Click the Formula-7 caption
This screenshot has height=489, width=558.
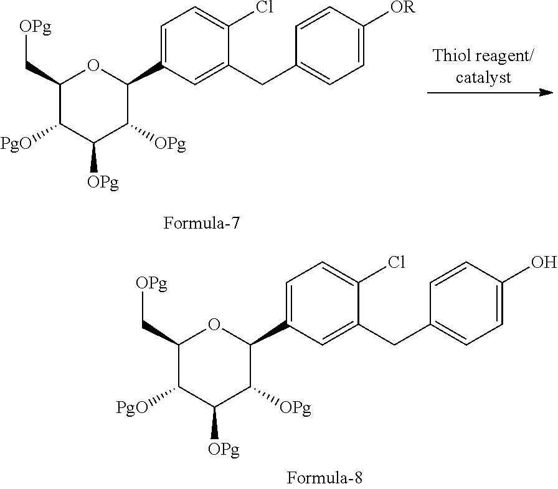(x=201, y=223)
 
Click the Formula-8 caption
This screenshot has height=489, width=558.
(x=324, y=478)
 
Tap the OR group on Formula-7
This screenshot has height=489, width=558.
(x=402, y=7)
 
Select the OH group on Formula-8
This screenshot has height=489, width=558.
(x=544, y=262)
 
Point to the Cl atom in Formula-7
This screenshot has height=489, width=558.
(x=265, y=7)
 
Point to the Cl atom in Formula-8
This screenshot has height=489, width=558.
(x=396, y=262)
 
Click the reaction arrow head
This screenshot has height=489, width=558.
(x=546, y=93)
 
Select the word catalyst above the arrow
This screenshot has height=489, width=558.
(x=483, y=77)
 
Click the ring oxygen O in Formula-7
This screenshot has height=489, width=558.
(x=93, y=65)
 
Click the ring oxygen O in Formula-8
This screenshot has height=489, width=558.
(x=214, y=325)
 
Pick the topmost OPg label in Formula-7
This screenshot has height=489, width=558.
(x=35, y=27)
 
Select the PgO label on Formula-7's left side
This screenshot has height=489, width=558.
(x=16, y=143)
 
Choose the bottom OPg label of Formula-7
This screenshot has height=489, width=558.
(x=103, y=182)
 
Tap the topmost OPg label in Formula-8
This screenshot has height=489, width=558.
(x=151, y=283)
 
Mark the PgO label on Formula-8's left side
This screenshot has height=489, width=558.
(x=132, y=407)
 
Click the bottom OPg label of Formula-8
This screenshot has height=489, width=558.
(x=224, y=449)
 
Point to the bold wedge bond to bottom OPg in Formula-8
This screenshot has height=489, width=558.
(x=215, y=424)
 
